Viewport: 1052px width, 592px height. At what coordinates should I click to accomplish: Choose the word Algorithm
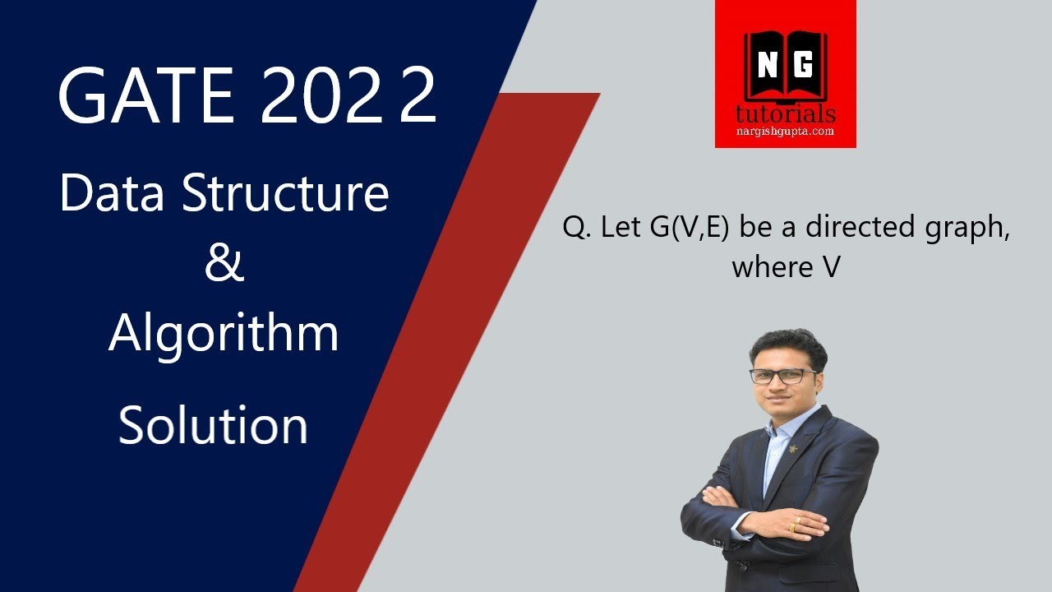[x=224, y=333]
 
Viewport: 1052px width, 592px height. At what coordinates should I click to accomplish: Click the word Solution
[x=214, y=425]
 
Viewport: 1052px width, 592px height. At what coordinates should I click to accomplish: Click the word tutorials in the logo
[x=786, y=113]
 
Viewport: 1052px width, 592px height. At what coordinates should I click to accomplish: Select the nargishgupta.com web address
[x=786, y=132]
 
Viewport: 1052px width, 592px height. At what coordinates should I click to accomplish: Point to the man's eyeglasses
[x=783, y=376]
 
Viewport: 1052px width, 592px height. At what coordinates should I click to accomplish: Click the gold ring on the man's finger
[x=794, y=528]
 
